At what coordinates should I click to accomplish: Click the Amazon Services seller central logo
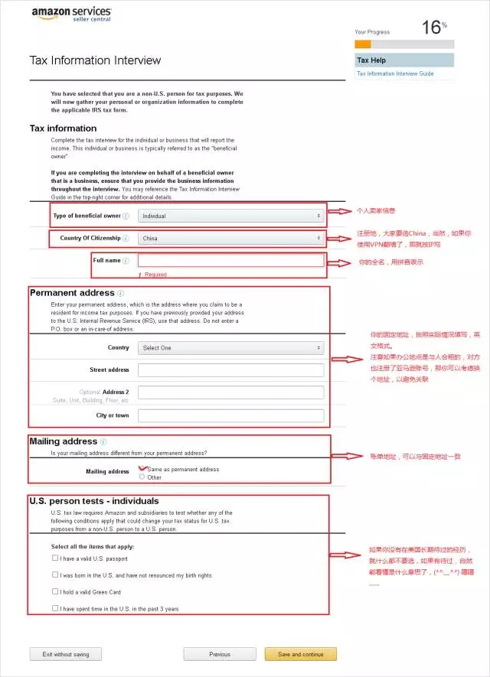(71, 15)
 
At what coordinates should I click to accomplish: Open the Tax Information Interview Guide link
(395, 73)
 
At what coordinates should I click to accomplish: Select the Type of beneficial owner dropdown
(230, 216)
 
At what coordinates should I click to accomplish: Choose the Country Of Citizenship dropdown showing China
(230, 239)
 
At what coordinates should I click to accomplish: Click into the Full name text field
(230, 261)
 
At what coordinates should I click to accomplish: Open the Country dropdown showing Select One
(230, 347)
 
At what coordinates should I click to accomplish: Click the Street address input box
(230, 370)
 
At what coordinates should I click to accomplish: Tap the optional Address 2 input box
(230, 392)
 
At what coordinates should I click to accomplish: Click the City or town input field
(230, 415)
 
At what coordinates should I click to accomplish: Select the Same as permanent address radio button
(142, 469)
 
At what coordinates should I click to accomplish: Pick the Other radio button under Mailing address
(142, 477)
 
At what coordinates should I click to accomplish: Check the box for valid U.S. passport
(55, 558)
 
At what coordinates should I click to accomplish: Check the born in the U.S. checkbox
(55, 574)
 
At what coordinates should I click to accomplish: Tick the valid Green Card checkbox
(55, 591)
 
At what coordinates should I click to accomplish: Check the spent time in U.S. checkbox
(55, 608)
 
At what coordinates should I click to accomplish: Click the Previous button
(219, 654)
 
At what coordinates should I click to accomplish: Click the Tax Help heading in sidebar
(371, 60)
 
